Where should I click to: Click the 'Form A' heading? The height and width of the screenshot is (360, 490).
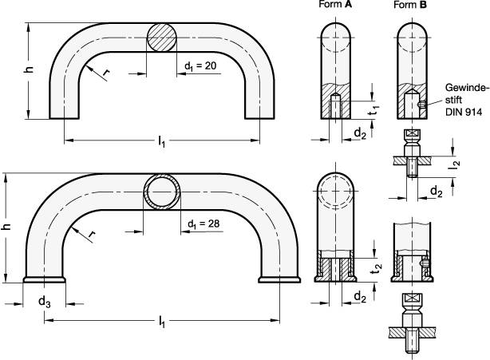[335, 4]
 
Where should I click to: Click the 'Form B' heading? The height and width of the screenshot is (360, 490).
[410, 5]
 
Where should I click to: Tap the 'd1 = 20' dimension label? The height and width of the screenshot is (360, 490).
[200, 66]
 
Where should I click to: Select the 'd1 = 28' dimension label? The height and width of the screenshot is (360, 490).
[204, 224]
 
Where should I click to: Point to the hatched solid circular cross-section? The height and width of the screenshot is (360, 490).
[161, 38]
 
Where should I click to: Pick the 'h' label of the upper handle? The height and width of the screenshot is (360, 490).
[29, 69]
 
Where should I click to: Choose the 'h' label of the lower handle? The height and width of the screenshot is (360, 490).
[6, 227]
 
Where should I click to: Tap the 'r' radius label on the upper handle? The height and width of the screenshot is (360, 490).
[106, 73]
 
